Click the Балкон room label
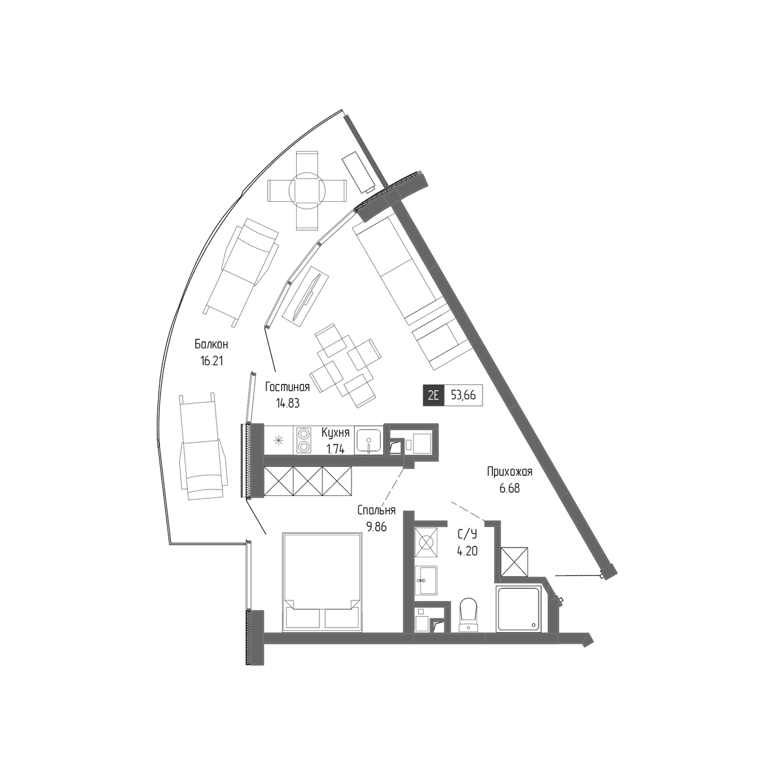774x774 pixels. point(212,344)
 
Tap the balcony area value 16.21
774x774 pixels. point(212,361)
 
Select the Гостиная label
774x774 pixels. point(288,387)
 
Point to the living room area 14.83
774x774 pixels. point(288,403)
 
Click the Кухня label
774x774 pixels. point(336,433)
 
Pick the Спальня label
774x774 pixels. point(376,510)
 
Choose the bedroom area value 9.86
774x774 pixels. point(376,526)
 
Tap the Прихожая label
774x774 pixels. point(510,471)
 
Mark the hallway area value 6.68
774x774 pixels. point(510,488)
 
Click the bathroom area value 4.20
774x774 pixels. point(467,551)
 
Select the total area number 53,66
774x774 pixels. point(463,395)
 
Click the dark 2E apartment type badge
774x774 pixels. point(433,395)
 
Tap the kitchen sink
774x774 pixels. point(369,441)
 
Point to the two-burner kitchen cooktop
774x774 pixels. point(304,441)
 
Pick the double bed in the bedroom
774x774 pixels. point(321,582)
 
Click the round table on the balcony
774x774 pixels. point(307,190)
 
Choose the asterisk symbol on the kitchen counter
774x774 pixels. point(279,441)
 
